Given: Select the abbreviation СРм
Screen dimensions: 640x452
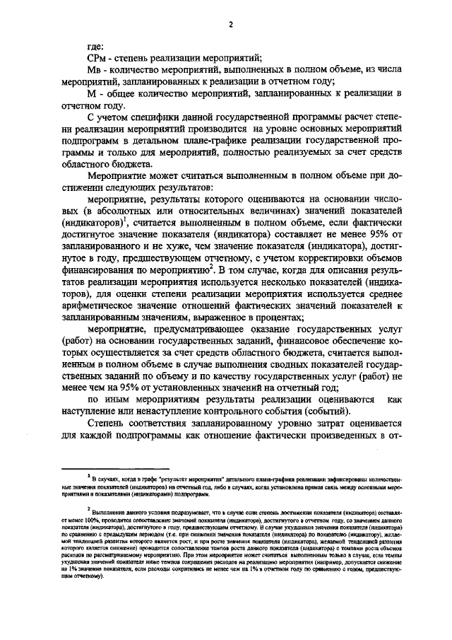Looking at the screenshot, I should click(97, 57).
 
